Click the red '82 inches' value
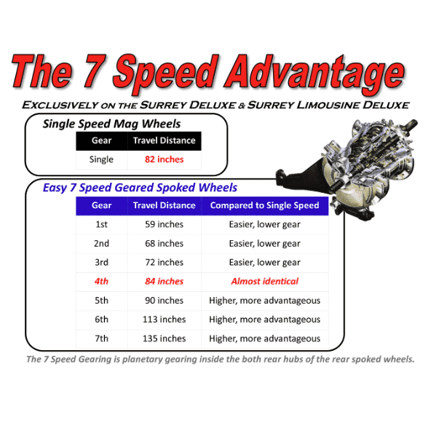pyautogui.click(x=164, y=159)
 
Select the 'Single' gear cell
pyautogui.click(x=101, y=159)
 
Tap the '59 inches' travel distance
pyautogui.click(x=164, y=224)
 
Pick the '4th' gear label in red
pyautogui.click(x=101, y=281)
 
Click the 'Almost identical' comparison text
pyautogui.click(x=264, y=281)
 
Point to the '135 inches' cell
pyautogui.click(x=164, y=338)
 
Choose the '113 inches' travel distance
pyautogui.click(x=164, y=320)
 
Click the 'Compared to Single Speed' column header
pyautogui.click(x=264, y=205)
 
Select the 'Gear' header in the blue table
pyautogui.click(x=102, y=205)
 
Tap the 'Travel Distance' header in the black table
pyautogui.click(x=164, y=140)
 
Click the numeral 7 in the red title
pyautogui.click(x=94, y=71)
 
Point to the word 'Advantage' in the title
pyautogui.click(x=314, y=74)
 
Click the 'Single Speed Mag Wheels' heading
pyautogui.click(x=111, y=124)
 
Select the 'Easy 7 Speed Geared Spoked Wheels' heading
pyautogui.click(x=140, y=188)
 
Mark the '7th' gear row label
pyautogui.click(x=101, y=338)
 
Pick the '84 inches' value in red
pyautogui.click(x=164, y=281)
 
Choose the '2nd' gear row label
pyautogui.click(x=101, y=243)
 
